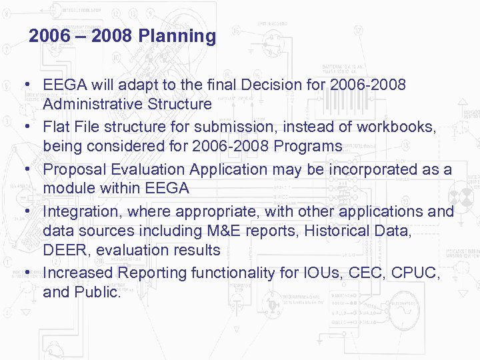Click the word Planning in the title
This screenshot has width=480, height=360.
pyautogui.click(x=177, y=36)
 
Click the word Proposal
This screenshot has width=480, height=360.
pyautogui.click(x=73, y=169)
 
